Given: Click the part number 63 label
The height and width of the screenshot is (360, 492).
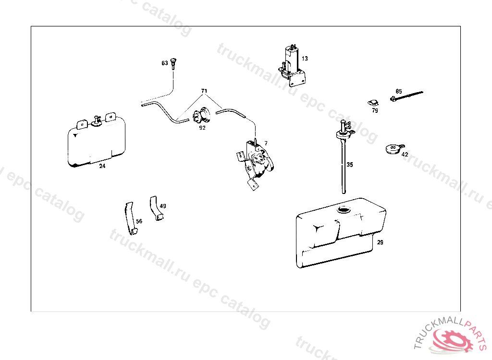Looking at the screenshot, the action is point(165,63).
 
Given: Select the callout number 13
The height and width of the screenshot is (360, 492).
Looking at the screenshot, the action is point(305,59).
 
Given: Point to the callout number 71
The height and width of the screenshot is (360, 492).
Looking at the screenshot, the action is point(204,91).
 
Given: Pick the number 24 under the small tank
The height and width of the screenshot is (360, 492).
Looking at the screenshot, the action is point(102,166).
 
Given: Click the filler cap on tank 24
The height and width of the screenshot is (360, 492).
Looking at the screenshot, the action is point(96,121).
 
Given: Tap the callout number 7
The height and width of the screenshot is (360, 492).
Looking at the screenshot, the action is point(266,144).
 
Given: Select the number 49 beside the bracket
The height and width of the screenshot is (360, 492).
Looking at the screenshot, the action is point(163,206).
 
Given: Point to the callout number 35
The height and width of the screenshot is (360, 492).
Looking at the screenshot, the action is point(350,165).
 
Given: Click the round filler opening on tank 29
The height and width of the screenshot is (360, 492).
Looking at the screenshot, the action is point(344,209).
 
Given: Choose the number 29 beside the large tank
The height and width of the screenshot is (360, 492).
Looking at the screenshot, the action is point(380,242).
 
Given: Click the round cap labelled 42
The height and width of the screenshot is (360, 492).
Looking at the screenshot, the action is point(394,149).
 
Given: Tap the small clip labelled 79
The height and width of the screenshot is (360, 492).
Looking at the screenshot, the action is point(373,103).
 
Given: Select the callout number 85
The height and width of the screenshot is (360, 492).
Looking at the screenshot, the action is point(399,91).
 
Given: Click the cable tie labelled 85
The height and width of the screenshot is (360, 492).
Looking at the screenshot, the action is point(406,96).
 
